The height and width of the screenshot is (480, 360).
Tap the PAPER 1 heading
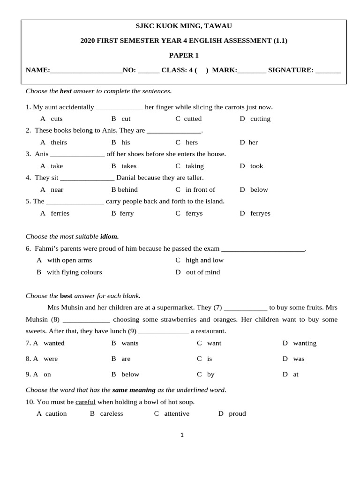coord(184,55)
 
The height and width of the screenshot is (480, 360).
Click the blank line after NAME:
coord(86,71)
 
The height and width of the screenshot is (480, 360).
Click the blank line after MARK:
coord(252,71)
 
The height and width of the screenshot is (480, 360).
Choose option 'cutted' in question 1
coord(192,119)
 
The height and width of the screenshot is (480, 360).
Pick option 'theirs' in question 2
coord(59,142)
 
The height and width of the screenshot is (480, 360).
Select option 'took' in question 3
coord(256,166)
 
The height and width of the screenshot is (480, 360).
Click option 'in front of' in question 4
coord(200,190)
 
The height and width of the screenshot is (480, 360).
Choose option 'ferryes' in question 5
coord(260,213)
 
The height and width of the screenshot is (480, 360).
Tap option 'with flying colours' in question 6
coord(74,272)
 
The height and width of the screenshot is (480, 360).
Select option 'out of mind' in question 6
coord(202,272)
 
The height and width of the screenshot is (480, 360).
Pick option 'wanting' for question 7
coord(305,343)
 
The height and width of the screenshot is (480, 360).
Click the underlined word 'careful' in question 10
coord(85,402)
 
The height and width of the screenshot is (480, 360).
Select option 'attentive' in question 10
coord(177,414)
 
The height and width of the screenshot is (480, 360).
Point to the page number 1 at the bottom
coord(182,435)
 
